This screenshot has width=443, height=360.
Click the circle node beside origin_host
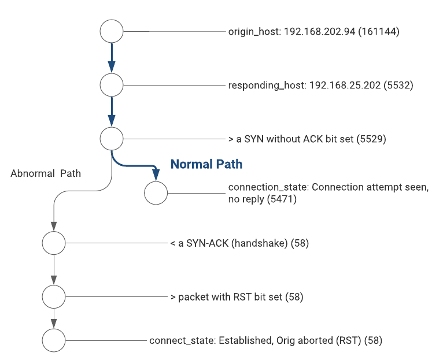point(111,31)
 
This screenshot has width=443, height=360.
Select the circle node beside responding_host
point(111,85)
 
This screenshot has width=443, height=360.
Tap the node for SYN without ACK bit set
point(111,139)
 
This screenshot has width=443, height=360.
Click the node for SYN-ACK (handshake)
point(54,243)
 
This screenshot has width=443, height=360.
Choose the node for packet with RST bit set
point(54,297)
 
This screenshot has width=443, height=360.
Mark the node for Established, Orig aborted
point(54,340)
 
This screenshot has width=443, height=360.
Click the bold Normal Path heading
point(206,165)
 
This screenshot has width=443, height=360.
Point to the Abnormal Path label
point(46,173)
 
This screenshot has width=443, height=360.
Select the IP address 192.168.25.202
point(345,86)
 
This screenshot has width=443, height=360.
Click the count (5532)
point(398,86)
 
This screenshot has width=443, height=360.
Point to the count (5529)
point(371,139)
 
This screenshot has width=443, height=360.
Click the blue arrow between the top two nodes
point(111,58)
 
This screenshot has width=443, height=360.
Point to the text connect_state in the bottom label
point(181,340)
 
